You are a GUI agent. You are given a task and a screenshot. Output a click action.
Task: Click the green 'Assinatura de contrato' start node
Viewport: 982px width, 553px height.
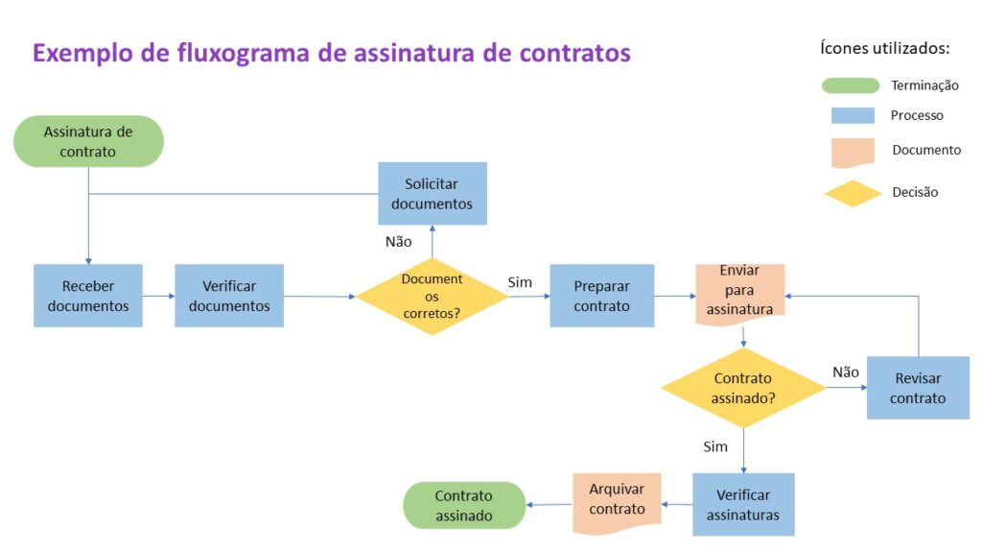pos(88,141)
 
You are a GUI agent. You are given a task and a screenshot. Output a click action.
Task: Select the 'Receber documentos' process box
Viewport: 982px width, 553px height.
pos(88,296)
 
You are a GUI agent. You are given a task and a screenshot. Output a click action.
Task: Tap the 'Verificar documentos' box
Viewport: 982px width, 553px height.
pos(229,296)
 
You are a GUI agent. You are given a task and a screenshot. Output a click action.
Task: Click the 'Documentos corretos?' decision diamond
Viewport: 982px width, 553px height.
pos(432,296)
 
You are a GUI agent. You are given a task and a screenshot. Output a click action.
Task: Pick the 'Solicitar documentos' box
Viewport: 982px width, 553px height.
pos(432,193)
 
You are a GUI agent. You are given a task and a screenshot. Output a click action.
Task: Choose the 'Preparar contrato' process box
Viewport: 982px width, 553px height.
pos(601,296)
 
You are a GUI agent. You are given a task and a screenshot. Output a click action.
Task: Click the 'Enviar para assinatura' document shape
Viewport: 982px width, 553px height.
pos(739,290)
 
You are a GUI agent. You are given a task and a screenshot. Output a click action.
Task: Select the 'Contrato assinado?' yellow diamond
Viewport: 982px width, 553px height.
pos(743,387)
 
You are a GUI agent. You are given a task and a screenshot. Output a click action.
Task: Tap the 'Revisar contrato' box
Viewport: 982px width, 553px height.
pos(918,388)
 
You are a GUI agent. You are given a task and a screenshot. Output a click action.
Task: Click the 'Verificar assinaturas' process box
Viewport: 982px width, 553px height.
pos(743,504)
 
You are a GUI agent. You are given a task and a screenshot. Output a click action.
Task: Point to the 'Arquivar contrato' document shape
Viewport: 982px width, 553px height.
pos(617,500)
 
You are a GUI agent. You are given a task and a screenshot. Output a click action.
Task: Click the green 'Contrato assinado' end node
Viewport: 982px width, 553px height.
pos(464,505)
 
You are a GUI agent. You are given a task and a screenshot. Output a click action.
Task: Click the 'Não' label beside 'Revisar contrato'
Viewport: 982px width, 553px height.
pos(845,372)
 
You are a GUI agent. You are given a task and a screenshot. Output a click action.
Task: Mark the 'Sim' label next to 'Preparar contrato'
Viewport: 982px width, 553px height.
pos(520,282)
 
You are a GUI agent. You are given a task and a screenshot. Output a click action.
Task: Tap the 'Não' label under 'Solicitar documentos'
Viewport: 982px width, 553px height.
pos(398,242)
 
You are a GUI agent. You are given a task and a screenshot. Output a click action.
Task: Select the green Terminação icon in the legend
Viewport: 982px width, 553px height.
pos(851,85)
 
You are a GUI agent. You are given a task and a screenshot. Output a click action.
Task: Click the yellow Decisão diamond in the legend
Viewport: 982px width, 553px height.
pos(853,193)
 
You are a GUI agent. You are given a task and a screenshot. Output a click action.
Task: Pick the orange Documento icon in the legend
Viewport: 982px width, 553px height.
pos(852,152)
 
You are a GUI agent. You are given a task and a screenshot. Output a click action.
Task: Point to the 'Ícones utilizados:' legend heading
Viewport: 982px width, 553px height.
pos(885,47)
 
